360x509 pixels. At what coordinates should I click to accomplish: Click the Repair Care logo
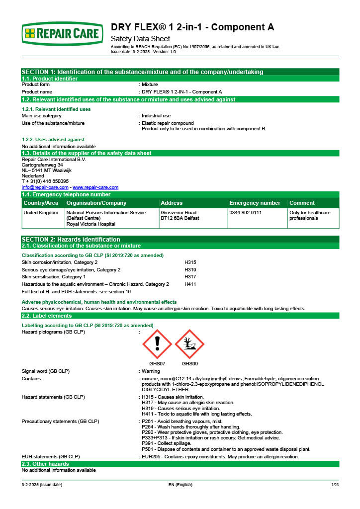pyautogui.click(x=63, y=34)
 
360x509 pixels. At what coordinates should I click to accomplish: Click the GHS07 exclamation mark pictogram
pyautogui.click(x=157, y=343)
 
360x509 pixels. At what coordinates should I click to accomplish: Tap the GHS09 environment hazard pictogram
pyautogui.click(x=189, y=343)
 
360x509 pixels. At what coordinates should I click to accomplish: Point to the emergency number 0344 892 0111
pyautogui.click(x=246, y=213)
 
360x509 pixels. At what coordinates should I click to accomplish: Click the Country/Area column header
pyautogui.click(x=41, y=203)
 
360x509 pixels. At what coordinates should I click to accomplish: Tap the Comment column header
pyautogui.click(x=302, y=203)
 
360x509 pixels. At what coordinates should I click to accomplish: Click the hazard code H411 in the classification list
pyautogui.click(x=190, y=284)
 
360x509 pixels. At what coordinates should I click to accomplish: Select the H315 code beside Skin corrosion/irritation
pyautogui.click(x=190, y=262)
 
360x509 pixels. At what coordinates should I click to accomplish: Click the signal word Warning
pyautogui.click(x=151, y=371)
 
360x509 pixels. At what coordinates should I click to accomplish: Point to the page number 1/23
pyautogui.click(x=335, y=485)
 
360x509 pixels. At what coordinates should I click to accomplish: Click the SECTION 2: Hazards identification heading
pyautogui.click(x=71, y=239)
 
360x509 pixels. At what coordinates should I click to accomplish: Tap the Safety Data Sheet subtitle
pyautogui.click(x=140, y=39)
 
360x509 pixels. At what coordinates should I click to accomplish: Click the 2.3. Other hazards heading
pyautogui.click(x=45, y=464)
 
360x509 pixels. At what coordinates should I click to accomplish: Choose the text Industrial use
pyautogui.click(x=156, y=116)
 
